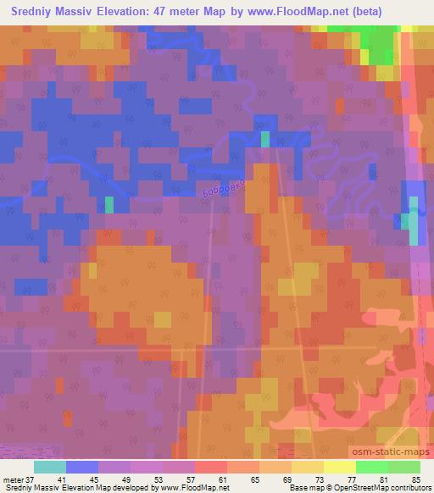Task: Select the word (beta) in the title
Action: (365, 11)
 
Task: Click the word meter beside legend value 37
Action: (12, 479)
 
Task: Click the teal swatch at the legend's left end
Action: (50, 467)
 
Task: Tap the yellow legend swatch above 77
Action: (340, 467)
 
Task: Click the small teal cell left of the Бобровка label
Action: (108, 204)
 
